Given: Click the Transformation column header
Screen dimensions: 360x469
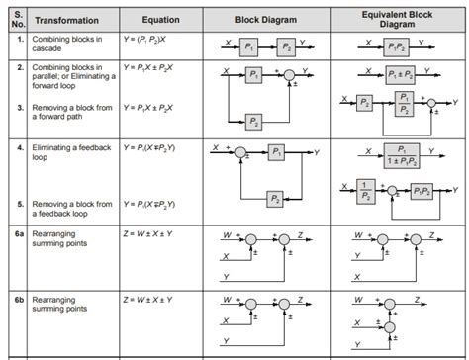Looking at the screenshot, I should pyautogui.click(x=70, y=19).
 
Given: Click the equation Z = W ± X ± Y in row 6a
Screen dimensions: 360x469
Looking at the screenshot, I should pyautogui.click(x=154, y=232).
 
